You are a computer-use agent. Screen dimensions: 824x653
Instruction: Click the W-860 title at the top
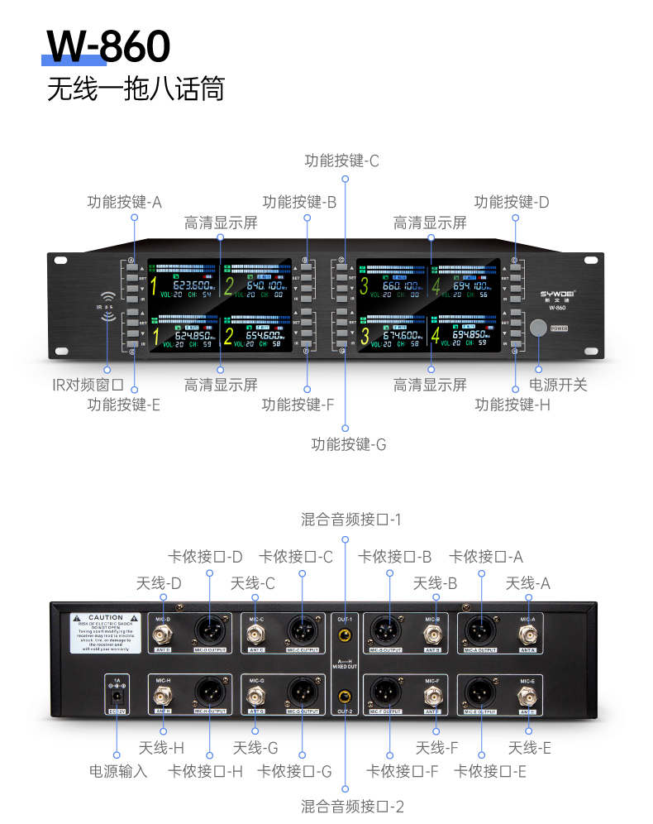coord(108,46)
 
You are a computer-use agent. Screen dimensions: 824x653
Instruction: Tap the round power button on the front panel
coord(538,328)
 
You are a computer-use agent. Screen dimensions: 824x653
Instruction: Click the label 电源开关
coord(558,385)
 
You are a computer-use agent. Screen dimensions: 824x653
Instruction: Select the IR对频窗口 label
coord(88,385)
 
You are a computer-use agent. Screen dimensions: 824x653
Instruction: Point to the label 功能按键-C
coord(341,160)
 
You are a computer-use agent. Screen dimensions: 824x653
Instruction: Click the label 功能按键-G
coord(348,444)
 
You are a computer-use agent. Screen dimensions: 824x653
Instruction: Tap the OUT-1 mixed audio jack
coord(345,636)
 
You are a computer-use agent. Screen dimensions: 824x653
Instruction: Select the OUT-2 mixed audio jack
coord(345,695)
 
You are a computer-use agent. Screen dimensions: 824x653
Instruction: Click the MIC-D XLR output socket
coord(210,630)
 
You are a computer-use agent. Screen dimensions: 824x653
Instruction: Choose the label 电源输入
coord(118,771)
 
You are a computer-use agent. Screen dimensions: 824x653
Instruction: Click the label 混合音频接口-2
coord(351,806)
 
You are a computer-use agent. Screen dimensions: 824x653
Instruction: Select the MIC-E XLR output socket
coord(480,691)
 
